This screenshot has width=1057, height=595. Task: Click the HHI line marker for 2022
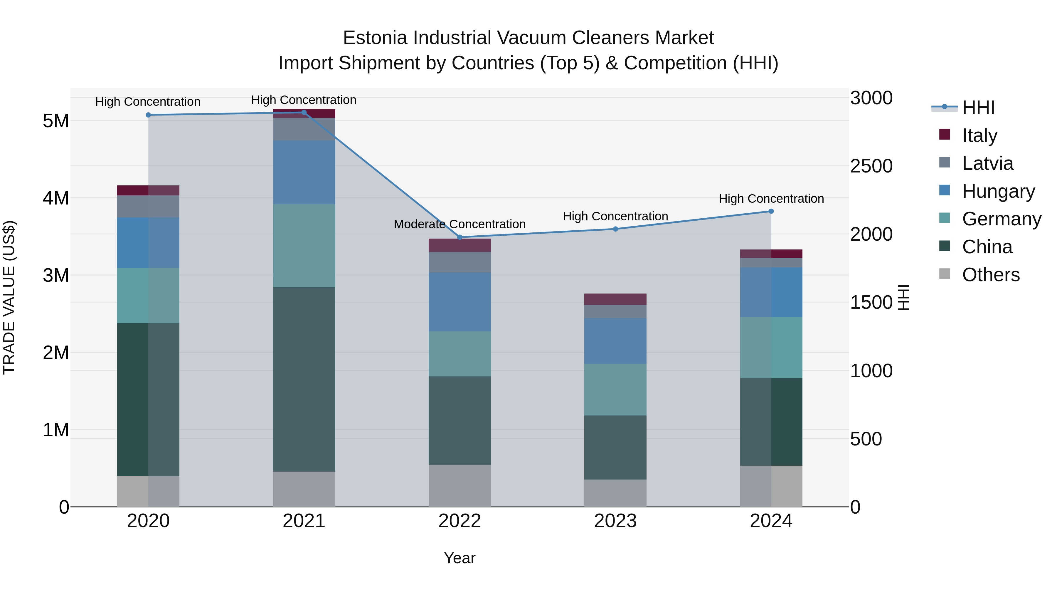(460, 237)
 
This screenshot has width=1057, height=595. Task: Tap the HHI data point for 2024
(771, 211)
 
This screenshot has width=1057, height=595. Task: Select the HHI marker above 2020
(148, 115)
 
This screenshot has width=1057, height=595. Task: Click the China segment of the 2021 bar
(304, 379)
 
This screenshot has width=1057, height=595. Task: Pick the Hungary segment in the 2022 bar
(460, 302)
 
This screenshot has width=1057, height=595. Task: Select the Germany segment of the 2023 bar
(615, 389)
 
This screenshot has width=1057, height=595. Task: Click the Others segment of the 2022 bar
(460, 486)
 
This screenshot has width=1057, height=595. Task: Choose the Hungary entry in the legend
(998, 191)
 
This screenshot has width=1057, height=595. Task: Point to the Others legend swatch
(945, 274)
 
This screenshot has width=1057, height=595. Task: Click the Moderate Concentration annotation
(460, 224)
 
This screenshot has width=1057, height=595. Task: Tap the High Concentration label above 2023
(615, 216)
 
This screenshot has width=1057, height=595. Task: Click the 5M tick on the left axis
(56, 121)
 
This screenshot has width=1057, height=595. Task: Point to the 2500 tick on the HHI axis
(871, 166)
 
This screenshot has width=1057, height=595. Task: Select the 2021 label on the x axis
(304, 521)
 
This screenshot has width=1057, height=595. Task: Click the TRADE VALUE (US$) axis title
(9, 297)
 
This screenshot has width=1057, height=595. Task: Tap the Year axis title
(460, 558)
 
